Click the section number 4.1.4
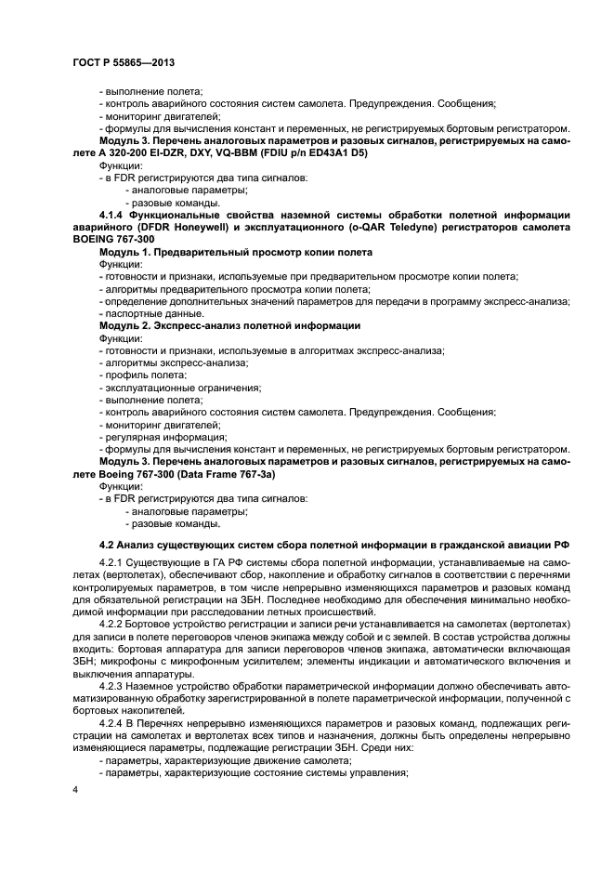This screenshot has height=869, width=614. [x=116, y=215]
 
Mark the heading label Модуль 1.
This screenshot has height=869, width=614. [x=127, y=252]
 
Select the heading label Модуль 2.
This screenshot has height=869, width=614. [x=127, y=326]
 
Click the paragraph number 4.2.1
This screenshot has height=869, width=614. [x=114, y=562]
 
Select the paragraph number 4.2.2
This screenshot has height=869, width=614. [x=114, y=625]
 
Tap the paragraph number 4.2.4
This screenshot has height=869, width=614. [x=114, y=724]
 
